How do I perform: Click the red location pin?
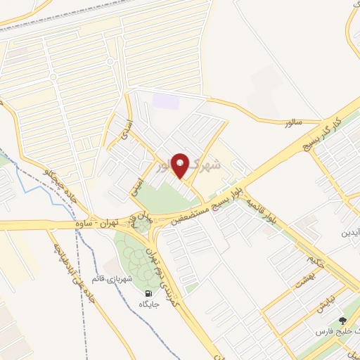tap(181, 165)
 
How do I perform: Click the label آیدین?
tap(351, 232)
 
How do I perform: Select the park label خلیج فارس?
tap(340, 330)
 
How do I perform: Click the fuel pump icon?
tap(148, 293)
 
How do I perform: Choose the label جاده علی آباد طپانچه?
tap(73, 276)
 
